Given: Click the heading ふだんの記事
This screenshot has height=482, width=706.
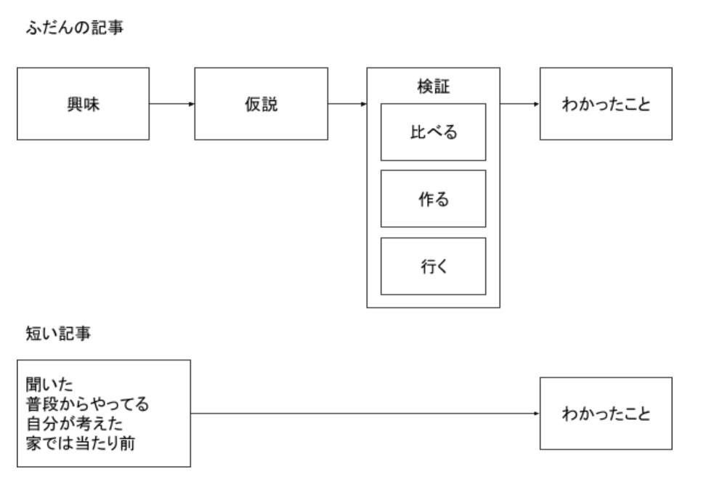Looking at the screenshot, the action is pos(75,28).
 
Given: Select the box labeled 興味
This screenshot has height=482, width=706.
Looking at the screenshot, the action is pos(84,104).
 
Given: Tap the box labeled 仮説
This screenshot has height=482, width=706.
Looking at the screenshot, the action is pos(261,104).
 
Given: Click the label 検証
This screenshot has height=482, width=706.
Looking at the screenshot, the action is pos(434,87).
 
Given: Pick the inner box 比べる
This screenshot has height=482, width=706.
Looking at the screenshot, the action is pos(433,132).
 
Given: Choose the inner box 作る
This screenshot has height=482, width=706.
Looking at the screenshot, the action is pos(433,198).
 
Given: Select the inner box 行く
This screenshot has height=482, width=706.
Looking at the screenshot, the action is pos(433,266).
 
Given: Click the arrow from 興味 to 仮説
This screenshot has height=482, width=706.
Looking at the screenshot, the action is pos(172,104).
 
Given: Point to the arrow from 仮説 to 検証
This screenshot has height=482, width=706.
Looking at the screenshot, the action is pos(347,104).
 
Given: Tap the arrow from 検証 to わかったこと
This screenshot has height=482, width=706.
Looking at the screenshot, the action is pos(520,104).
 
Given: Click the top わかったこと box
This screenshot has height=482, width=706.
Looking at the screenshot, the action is pos(606,104).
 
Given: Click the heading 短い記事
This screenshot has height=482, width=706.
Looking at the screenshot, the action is pos(59,334).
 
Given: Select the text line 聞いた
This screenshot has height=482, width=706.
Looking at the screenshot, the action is pos(49,385).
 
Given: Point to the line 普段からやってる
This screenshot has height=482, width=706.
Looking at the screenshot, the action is pos(87,404).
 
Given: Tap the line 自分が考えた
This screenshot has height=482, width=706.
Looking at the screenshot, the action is pos(74,423).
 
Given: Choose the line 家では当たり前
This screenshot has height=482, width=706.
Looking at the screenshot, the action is pos(81,443).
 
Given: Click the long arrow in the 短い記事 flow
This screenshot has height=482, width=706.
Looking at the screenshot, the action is pos(365,414).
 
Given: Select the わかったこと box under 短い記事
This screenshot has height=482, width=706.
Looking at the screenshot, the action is pos(606,414).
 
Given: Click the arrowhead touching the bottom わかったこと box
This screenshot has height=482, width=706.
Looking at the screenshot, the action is pos(537,414).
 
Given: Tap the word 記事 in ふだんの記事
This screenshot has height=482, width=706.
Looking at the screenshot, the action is pos(107,28).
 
